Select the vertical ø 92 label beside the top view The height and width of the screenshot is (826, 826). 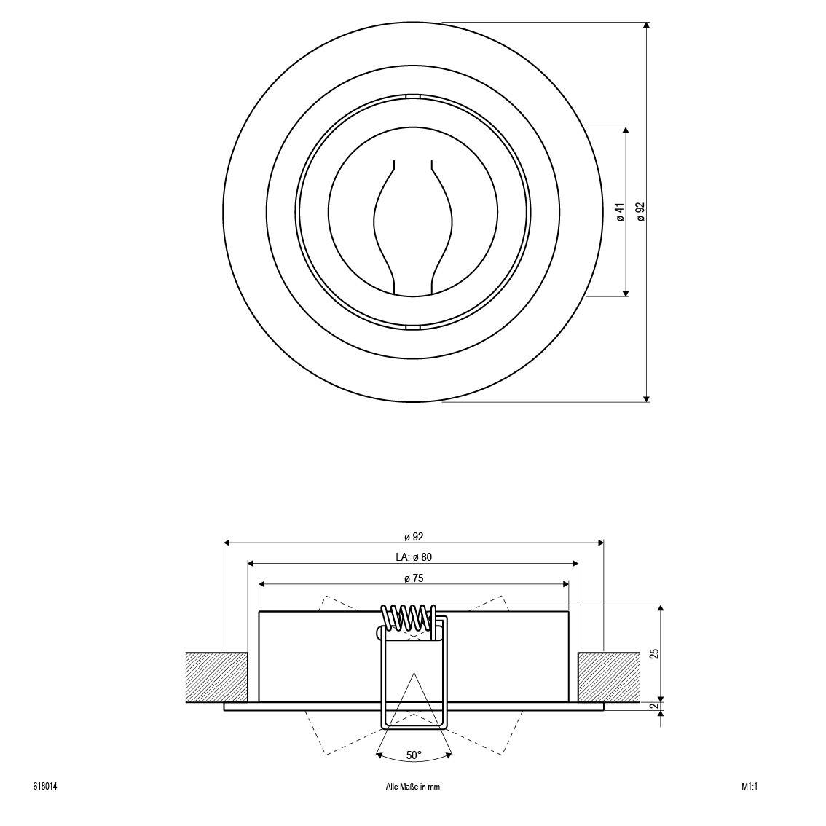pyautogui.click(x=641, y=212)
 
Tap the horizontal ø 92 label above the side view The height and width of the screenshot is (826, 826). pyautogui.click(x=414, y=537)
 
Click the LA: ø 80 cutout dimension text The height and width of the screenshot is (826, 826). pyautogui.click(x=414, y=557)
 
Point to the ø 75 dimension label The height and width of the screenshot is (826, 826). pyautogui.click(x=414, y=578)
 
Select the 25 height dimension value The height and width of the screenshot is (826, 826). pyautogui.click(x=654, y=653)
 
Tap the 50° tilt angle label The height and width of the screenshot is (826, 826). pyautogui.click(x=414, y=755)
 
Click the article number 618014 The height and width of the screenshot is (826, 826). pyautogui.click(x=45, y=787)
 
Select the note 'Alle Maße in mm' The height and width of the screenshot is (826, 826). pyautogui.click(x=413, y=787)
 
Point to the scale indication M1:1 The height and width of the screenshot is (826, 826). pyautogui.click(x=750, y=787)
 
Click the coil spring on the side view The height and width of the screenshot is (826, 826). pyautogui.click(x=410, y=617)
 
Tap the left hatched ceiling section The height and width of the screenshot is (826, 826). pyautogui.click(x=216, y=677)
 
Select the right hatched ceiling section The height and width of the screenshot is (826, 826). pyautogui.click(x=608, y=677)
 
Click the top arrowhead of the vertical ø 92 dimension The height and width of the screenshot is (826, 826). pyautogui.click(x=646, y=25)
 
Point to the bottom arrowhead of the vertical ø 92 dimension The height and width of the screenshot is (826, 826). pyautogui.click(x=646, y=397)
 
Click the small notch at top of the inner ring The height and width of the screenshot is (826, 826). pyautogui.click(x=413, y=95)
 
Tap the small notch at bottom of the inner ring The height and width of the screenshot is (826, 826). pyautogui.click(x=413, y=328)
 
